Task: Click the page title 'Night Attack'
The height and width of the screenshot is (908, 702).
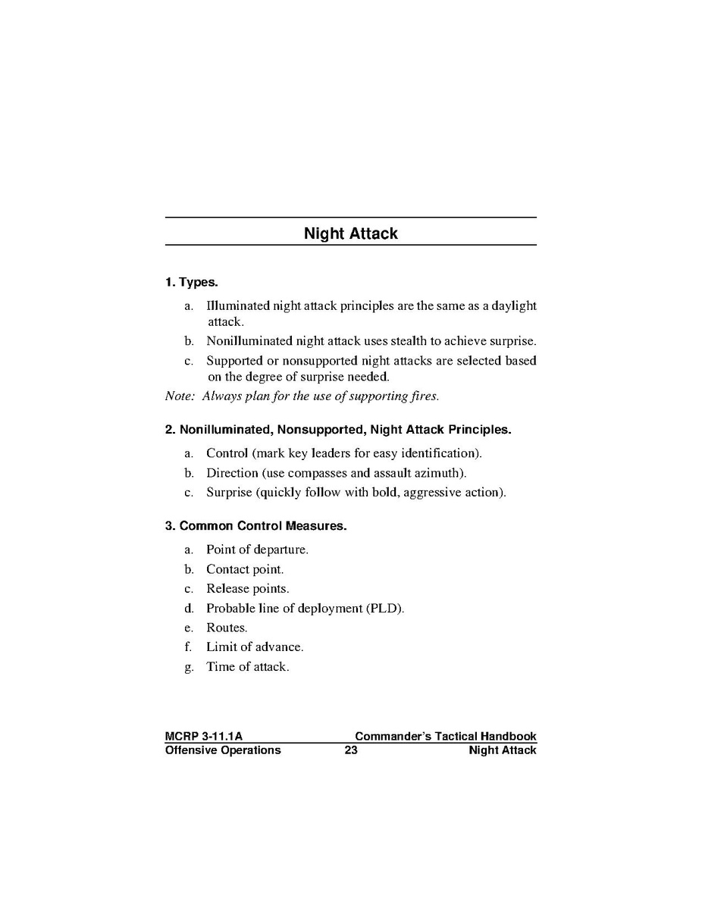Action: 350,233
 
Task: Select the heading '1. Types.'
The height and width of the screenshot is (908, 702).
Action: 192,283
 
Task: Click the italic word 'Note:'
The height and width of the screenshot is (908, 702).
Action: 180,396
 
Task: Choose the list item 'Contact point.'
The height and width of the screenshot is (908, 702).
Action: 245,569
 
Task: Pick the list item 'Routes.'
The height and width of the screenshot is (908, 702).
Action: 227,628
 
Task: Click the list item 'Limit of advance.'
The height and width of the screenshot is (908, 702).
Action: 255,647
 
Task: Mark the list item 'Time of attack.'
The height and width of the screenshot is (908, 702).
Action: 247,667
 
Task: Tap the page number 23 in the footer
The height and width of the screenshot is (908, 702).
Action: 350,750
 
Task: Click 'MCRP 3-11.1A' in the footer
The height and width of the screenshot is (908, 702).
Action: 203,736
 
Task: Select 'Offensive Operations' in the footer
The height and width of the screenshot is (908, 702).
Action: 223,750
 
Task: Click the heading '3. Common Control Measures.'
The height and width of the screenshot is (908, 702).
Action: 255,526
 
